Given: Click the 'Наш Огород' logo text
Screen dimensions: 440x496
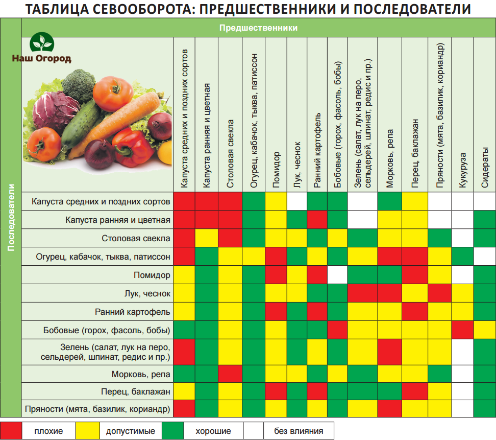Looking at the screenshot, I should click(x=41, y=58).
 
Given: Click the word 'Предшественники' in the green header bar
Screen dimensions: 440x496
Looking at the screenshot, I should click(x=258, y=28).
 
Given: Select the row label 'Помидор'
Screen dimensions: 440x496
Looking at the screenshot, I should click(x=153, y=275).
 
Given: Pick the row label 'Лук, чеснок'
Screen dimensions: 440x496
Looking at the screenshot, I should click(x=147, y=293).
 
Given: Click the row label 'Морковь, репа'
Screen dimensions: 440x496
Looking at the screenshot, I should click(x=141, y=375).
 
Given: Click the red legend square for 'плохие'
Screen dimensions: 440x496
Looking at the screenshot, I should click(x=11, y=431).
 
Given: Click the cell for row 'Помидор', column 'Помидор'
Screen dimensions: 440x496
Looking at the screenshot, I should click(x=276, y=275).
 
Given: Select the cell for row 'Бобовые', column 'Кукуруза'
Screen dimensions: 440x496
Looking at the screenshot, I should click(x=463, y=329).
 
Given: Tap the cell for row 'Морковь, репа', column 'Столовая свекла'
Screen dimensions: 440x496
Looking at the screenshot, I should click(x=230, y=375).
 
